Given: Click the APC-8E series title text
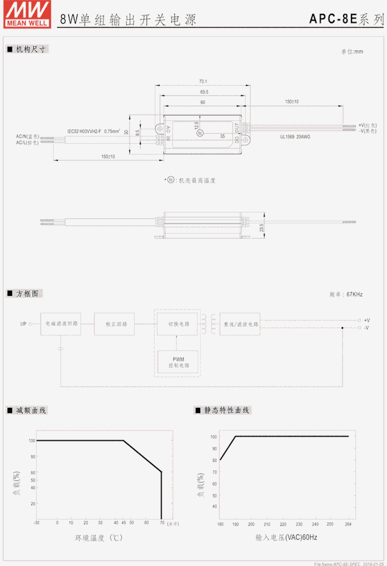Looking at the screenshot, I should (x=346, y=20).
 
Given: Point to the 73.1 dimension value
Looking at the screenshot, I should (x=203, y=81).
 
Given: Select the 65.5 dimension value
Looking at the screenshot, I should (x=204, y=92).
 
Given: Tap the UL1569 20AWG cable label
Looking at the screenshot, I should (x=295, y=136).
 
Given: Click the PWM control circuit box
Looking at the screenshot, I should (x=178, y=362).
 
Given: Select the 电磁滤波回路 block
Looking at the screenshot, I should (x=61, y=324).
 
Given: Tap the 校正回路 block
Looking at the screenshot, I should (x=115, y=324).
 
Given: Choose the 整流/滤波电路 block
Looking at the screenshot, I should (x=240, y=324).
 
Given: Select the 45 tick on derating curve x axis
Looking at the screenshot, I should (x=123, y=523).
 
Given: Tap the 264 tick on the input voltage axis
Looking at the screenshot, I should (x=348, y=523).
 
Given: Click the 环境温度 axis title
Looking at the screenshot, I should (x=99, y=538).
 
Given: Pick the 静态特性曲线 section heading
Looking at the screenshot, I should (x=227, y=410).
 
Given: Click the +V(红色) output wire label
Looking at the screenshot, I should (x=367, y=125).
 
